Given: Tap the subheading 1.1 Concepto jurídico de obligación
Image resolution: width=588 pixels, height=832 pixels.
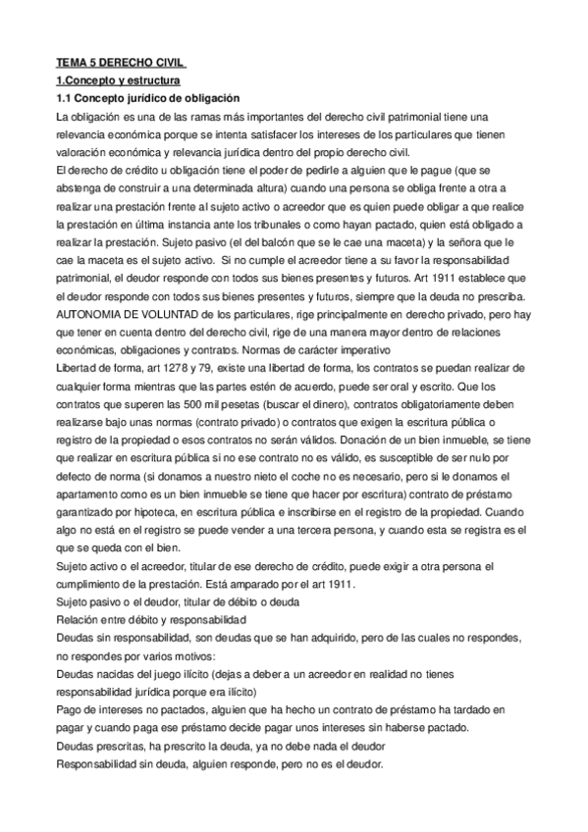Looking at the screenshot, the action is (155, 98).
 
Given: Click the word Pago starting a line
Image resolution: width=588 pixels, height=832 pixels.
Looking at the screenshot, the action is (72, 708).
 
